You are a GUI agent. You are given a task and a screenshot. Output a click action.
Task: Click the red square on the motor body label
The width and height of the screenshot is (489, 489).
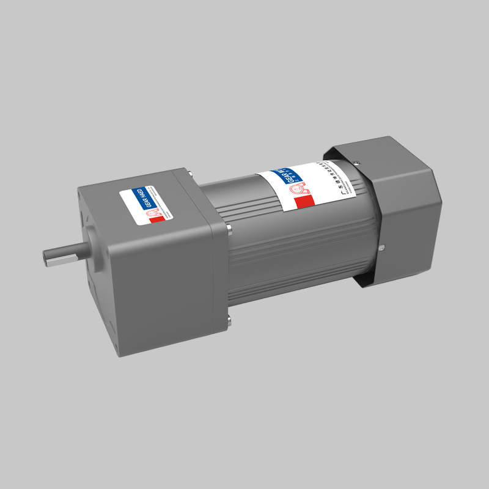(303, 201)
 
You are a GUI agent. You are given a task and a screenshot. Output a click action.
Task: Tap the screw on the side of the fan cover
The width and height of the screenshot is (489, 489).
(381, 248)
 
